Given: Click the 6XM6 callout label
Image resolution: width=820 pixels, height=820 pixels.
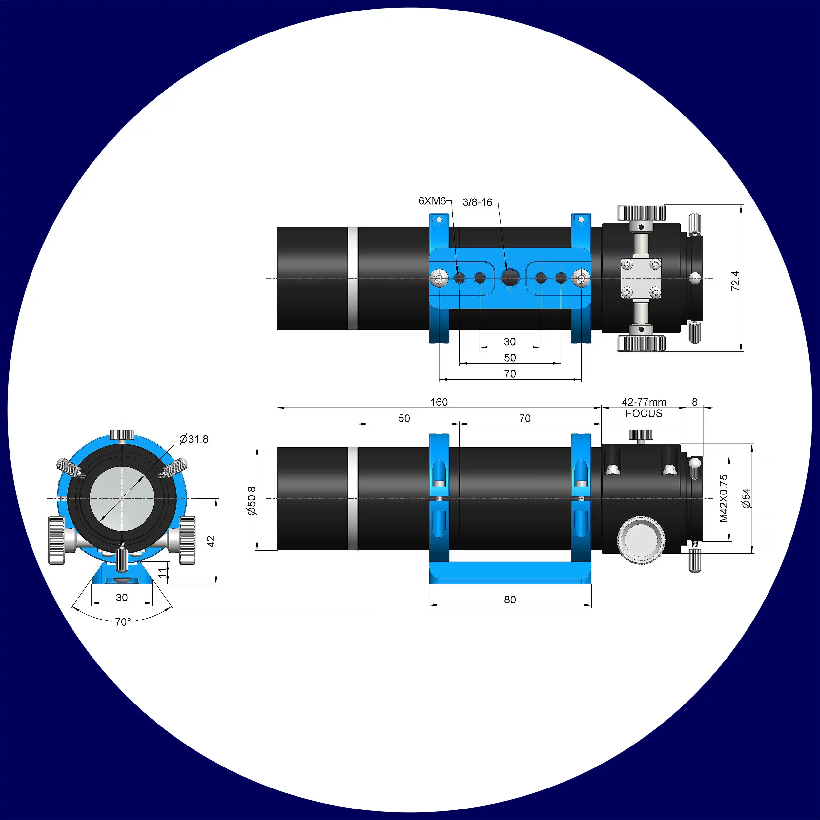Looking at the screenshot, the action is pos(432,201).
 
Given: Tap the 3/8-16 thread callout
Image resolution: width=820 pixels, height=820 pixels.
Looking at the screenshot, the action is pos(478,202).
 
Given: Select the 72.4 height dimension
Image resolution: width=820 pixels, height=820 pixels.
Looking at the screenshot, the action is pos(735,281).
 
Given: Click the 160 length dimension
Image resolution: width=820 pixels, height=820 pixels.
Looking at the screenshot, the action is pos(439,402).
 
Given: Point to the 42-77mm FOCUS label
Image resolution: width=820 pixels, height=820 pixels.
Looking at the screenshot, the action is pos(644,408).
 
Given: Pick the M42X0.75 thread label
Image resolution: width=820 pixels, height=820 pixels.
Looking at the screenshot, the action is pos(724,498).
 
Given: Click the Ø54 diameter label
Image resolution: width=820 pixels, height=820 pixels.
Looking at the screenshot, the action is pos(746,498).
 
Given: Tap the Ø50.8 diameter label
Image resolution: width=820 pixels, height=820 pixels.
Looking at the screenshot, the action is pos(252,501).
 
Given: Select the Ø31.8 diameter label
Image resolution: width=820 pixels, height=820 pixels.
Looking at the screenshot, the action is pos(194,439).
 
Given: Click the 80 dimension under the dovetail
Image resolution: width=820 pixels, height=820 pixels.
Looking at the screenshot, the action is pos(510,599).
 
